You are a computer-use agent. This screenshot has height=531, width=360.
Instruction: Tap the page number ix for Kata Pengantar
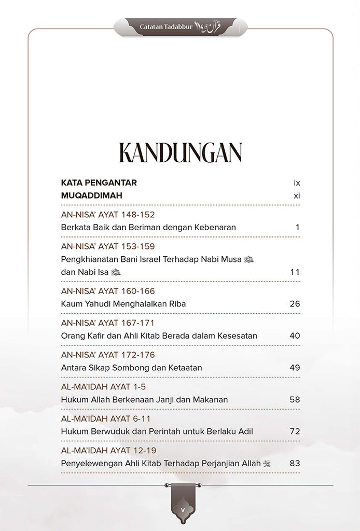point(297,183)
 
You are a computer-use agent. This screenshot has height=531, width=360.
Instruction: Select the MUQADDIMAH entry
point(91,195)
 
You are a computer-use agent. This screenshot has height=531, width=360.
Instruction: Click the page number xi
point(297,195)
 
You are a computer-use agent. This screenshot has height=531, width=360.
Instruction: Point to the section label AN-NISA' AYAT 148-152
point(108,214)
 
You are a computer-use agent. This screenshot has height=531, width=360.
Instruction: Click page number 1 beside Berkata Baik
point(297,227)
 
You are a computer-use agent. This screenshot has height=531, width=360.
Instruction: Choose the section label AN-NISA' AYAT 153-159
point(108,246)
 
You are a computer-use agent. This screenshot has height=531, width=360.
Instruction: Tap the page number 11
point(295,272)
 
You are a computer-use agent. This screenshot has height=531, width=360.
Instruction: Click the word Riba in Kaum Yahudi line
point(177,304)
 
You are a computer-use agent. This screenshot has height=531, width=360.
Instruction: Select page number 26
point(295,304)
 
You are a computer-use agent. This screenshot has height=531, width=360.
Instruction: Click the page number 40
point(295,336)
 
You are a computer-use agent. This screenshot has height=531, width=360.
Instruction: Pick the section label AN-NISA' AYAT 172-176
point(108,355)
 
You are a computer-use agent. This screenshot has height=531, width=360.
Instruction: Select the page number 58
point(295,400)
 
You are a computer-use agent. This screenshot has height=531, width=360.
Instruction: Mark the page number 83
point(295,464)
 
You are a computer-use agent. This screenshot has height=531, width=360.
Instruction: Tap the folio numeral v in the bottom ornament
point(183,510)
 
